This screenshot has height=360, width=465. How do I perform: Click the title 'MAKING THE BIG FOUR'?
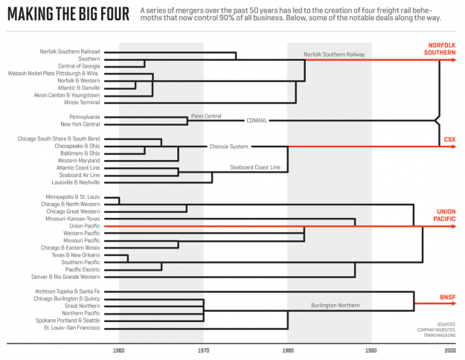pos(68,14)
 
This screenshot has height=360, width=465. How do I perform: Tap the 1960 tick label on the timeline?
pos(118,350)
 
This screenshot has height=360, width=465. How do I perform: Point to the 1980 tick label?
pos(288,350)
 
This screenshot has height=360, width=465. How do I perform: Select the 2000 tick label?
pos(450,350)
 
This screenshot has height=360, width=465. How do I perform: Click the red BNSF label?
pos(448,297)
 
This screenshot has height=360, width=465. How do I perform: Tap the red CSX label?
pos(449,139)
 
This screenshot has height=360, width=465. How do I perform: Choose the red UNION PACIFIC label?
pos(444,215)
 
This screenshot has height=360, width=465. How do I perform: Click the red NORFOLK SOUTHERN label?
pos(440,49)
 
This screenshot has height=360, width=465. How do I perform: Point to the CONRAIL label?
pos(257,120)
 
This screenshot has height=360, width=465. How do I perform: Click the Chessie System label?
pos(228,147)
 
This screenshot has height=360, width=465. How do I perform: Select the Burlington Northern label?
pos(336,305)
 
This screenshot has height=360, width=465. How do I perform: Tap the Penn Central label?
pos(206,116)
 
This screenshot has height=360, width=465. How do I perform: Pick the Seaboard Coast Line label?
pos(255,167)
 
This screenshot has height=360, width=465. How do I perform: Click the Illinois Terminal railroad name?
pos(82,103)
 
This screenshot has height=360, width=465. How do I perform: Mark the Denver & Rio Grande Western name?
pos(65,277)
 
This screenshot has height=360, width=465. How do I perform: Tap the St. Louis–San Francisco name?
pos(71,328)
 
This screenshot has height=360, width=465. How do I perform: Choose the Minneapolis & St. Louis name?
pos(73,197)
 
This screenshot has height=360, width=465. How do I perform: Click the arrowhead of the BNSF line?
pos(453,303)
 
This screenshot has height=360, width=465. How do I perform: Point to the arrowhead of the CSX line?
pos(453,147)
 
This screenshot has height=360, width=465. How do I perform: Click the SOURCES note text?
pos(436,330)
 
